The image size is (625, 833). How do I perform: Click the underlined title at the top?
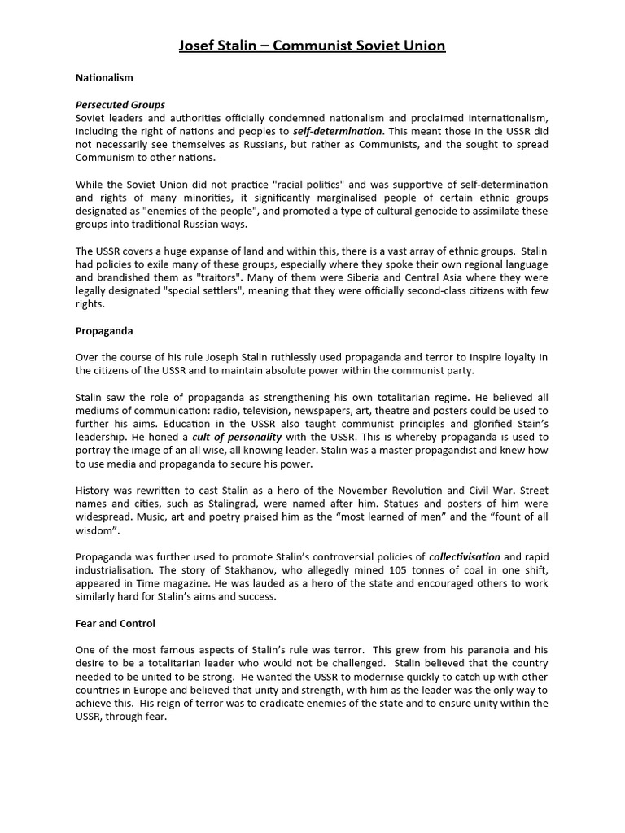(x=312, y=46)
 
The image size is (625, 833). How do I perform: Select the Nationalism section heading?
(x=104, y=78)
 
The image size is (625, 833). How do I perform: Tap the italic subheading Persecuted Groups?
(x=120, y=105)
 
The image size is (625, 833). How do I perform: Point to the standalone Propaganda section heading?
(x=104, y=332)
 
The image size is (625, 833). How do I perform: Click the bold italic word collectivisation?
(x=465, y=557)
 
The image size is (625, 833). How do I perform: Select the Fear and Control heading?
(x=116, y=624)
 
